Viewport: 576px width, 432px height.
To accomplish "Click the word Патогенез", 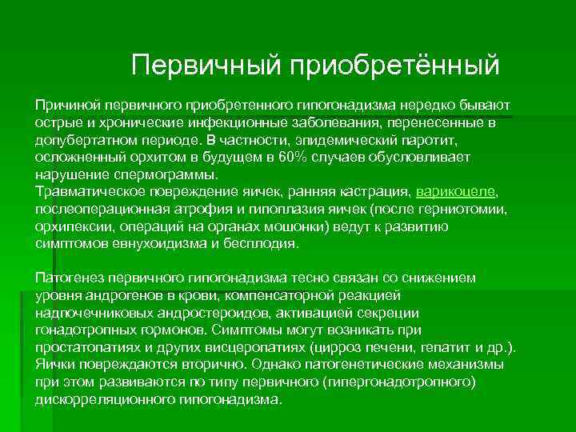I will coord(67,278).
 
